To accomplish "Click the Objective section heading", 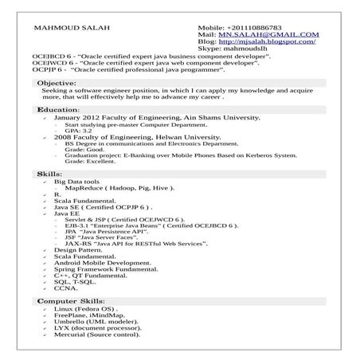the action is tap(57, 83).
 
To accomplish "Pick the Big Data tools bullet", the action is tap(76, 182).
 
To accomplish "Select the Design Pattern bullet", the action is tap(78, 250).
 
